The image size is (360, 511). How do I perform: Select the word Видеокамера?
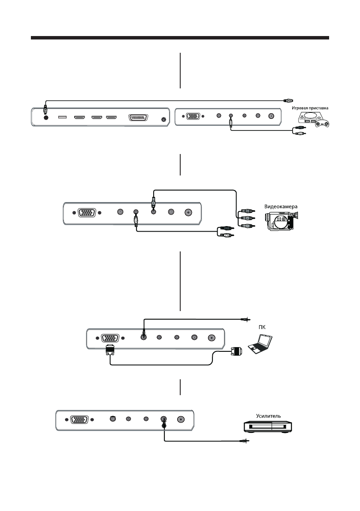[287, 206]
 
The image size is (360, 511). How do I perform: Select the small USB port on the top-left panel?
[62, 117]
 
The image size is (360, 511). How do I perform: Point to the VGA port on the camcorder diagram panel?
[86, 213]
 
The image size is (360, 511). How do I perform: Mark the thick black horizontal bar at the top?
[180, 39]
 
